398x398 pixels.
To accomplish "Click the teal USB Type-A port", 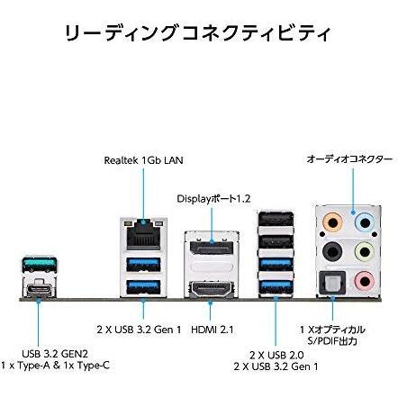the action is point(40,264).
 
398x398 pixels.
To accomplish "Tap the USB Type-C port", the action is point(40,286).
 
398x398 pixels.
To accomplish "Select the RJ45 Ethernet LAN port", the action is point(143,235).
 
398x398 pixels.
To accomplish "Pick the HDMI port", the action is point(212,289).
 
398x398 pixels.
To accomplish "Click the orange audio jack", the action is point(332,223).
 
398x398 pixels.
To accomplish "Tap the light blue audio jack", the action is point(365,223).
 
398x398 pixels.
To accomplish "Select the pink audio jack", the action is point(365,281).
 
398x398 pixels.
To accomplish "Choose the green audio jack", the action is point(365,251).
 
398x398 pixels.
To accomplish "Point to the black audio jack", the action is point(332,251).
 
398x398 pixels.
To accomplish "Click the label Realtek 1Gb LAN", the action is point(143,160).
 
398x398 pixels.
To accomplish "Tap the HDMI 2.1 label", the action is point(213,330).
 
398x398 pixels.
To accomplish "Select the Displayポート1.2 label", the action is point(213,199).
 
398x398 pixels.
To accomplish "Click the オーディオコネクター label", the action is point(349,159).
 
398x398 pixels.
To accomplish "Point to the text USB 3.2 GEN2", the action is point(55,354).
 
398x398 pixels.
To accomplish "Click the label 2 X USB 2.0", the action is point(276,355).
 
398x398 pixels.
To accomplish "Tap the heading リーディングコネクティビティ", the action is point(198,32).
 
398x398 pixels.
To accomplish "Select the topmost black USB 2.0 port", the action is point(276,219).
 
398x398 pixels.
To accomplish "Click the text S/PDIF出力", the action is point(332,341).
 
